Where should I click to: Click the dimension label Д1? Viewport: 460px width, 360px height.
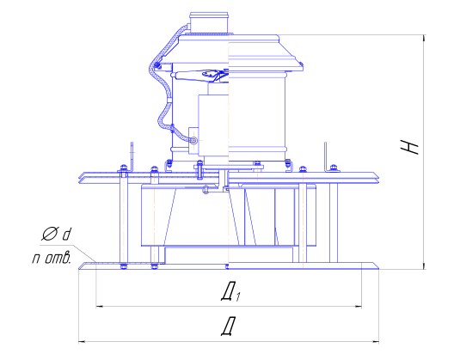pyautogui.click(x=230, y=293)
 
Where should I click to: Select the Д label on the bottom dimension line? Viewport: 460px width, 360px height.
pyautogui.click(x=229, y=326)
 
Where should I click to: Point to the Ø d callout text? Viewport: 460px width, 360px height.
pyautogui.click(x=57, y=234)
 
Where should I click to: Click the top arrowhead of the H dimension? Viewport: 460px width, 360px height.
pyautogui.click(x=424, y=39)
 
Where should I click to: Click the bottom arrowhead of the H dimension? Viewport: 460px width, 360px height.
pyautogui.click(x=424, y=265)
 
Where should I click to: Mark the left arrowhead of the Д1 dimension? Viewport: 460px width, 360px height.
pyautogui.click(x=100, y=307)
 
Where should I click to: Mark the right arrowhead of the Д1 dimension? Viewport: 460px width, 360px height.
pyautogui.click(x=358, y=307)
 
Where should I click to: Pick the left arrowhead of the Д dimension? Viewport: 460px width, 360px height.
pyautogui.click(x=83, y=342)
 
